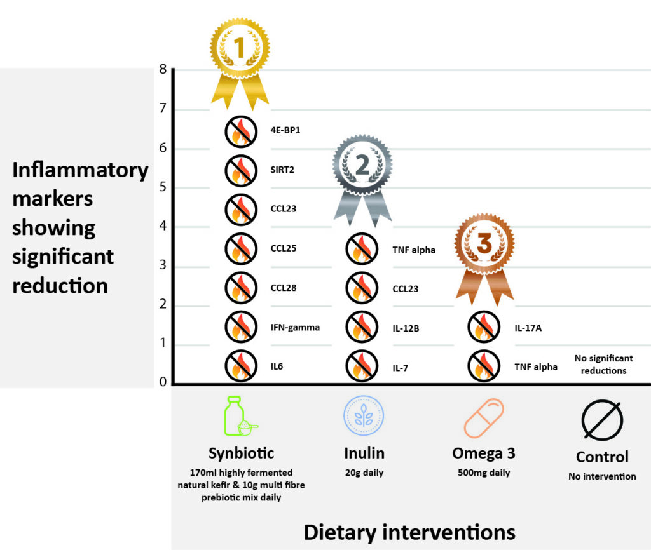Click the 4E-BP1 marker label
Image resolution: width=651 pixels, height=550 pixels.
(285, 131)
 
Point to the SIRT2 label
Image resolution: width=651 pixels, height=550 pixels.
(283, 170)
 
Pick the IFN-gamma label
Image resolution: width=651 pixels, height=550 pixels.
(295, 327)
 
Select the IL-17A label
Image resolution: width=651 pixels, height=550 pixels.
(528, 328)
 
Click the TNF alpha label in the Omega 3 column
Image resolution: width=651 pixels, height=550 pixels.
(536, 366)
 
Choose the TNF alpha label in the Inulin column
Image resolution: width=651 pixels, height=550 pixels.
(414, 250)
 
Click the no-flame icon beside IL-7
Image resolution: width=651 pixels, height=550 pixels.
(362, 366)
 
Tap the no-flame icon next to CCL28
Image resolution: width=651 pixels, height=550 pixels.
(240, 288)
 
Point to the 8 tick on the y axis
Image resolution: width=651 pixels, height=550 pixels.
(163, 69)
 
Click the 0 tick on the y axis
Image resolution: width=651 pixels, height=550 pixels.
(163, 382)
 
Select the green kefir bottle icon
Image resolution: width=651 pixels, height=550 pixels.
(239, 417)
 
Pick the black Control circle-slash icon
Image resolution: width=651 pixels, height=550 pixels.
(601, 420)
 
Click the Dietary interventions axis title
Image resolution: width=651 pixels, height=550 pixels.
(409, 531)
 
